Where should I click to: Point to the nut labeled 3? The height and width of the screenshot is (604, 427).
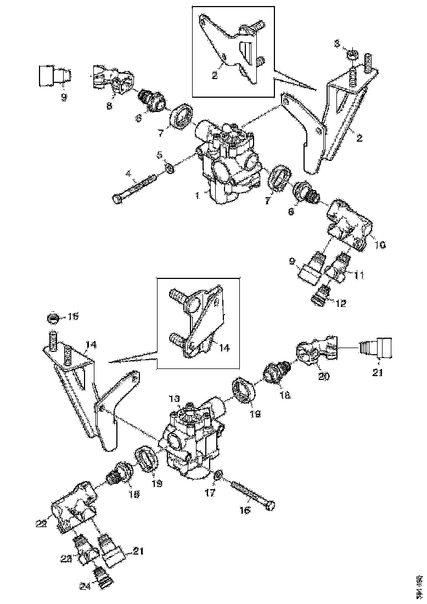[353, 55]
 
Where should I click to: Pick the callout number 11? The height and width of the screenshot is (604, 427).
[358, 274]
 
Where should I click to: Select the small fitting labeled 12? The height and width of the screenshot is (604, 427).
[318, 298]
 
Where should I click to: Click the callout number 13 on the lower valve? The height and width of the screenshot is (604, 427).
[174, 398]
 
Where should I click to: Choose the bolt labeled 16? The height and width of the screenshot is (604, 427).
[251, 494]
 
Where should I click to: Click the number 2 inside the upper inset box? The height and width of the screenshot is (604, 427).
[214, 76]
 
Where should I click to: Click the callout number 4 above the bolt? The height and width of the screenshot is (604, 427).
[128, 174]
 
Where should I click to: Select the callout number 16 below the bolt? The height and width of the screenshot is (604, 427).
[244, 510]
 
